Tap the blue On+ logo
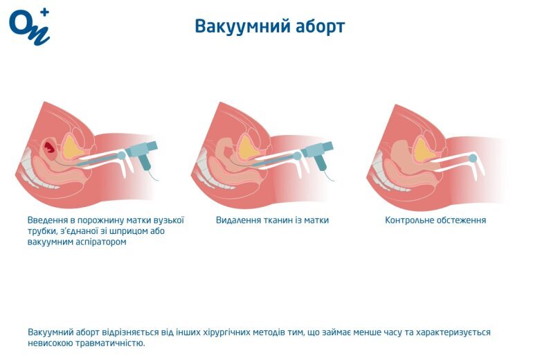click(x=29, y=27)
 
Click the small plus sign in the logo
click(x=45, y=12)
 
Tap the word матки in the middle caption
click(x=317, y=220)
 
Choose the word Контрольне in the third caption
click(x=408, y=220)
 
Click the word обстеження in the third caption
click(x=461, y=220)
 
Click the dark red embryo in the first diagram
click(x=50, y=146)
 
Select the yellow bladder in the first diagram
click(x=72, y=147)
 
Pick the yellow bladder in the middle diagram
click(x=249, y=147)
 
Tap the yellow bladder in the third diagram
click(x=424, y=149)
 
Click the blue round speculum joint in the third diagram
click(x=473, y=158)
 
